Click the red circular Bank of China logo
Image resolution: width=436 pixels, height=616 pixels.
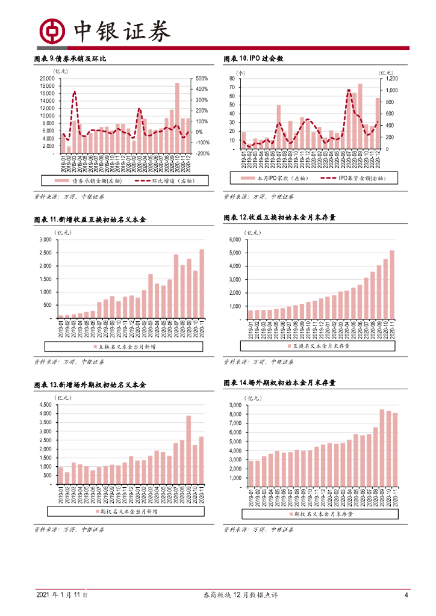point(51,31)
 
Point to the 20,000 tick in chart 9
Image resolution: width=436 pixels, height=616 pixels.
point(46,79)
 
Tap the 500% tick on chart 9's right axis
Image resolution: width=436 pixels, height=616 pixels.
point(201,79)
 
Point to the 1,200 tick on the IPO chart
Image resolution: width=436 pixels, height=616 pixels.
point(391,79)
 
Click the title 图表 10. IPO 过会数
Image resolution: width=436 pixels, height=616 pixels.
point(254,58)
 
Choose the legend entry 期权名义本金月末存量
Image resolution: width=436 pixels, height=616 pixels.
point(323,514)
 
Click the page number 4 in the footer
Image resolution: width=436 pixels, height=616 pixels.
point(406,596)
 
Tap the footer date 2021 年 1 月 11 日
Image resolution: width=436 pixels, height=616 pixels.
point(63,596)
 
